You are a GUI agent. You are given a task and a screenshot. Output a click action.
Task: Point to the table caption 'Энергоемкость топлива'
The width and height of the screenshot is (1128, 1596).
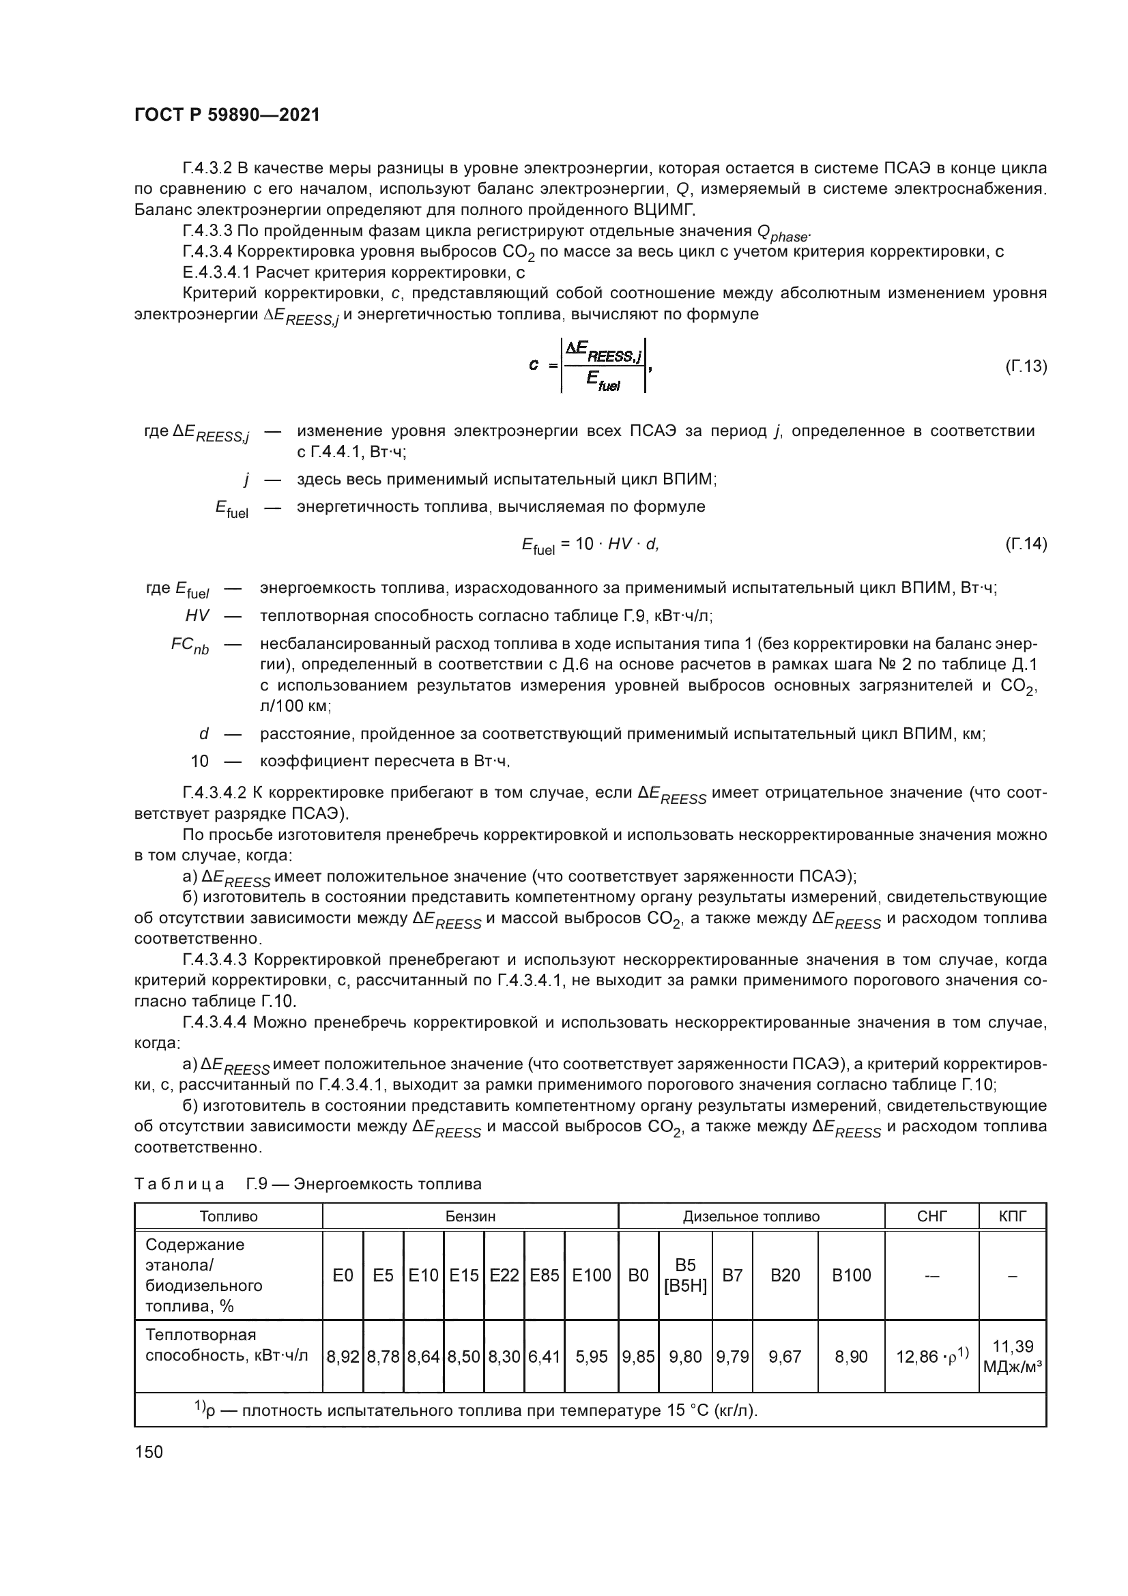(x=387, y=1183)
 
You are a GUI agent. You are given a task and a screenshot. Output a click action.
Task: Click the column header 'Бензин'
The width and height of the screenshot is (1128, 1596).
(x=471, y=1216)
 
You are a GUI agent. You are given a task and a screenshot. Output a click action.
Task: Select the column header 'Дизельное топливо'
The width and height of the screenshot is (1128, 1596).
(x=751, y=1216)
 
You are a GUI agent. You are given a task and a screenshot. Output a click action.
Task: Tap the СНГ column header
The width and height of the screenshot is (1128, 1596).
(x=931, y=1216)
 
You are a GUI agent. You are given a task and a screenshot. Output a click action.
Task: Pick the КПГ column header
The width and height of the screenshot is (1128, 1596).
(x=1012, y=1216)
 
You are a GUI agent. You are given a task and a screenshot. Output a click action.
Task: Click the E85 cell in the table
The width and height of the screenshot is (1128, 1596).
(x=544, y=1275)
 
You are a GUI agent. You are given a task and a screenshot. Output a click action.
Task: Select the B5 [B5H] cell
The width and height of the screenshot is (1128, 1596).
(x=685, y=1275)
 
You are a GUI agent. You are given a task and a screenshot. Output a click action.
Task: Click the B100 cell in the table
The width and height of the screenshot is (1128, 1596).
(x=852, y=1275)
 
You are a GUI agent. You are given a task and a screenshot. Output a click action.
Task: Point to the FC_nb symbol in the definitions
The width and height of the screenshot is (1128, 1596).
(x=190, y=645)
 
